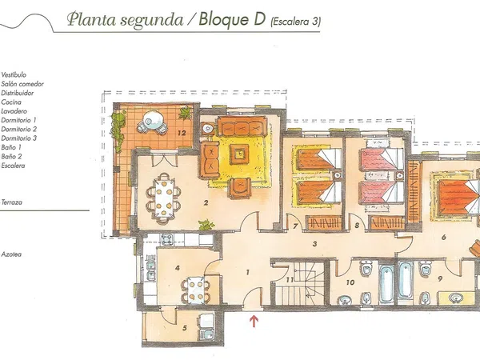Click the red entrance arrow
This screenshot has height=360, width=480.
(x=254, y=321)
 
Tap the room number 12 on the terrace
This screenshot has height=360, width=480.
(x=182, y=133)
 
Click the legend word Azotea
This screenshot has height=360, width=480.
(x=11, y=254)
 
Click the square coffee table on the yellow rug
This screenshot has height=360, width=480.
(x=241, y=154)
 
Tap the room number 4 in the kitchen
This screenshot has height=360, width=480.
(x=178, y=268)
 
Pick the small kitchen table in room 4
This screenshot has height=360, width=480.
(x=196, y=289)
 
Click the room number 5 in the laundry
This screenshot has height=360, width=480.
(x=185, y=328)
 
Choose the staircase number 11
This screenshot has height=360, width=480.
(x=290, y=280)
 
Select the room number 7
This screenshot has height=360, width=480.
(x=295, y=226)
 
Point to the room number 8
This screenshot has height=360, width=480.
(x=357, y=226)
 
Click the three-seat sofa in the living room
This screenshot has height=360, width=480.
(x=242, y=126)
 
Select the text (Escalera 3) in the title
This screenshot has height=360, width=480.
(x=296, y=22)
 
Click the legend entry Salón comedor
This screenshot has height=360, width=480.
(x=22, y=84)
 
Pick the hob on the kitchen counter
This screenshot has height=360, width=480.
(x=166, y=239)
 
